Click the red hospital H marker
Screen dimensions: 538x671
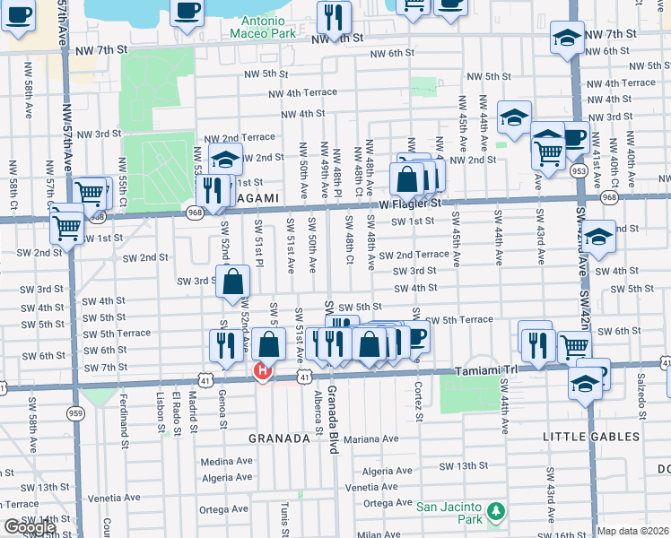(263, 371)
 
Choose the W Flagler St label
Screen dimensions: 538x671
(410, 204)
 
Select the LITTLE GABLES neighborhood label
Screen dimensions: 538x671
(590, 437)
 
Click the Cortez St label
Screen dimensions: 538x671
(419, 394)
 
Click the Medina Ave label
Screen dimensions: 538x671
(226, 462)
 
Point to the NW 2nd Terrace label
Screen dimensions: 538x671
(240, 137)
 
